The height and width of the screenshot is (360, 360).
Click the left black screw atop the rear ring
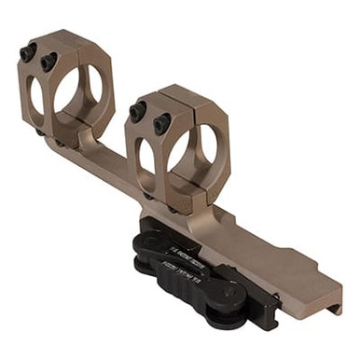[28, 53]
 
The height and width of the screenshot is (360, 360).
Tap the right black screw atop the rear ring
[49, 62]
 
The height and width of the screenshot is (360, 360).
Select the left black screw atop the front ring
[138, 112]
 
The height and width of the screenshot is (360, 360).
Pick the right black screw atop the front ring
[161, 121]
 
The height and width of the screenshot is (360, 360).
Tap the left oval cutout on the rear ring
[35, 95]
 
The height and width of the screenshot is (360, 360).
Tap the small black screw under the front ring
[148, 197]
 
